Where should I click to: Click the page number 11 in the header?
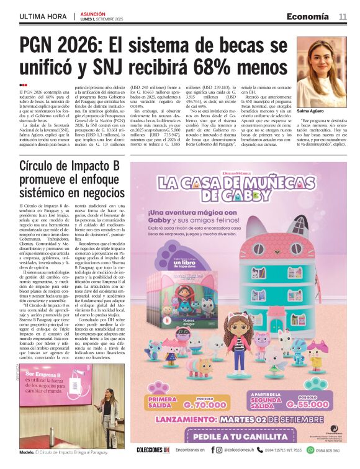(343, 17)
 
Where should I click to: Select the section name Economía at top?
(307, 17)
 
